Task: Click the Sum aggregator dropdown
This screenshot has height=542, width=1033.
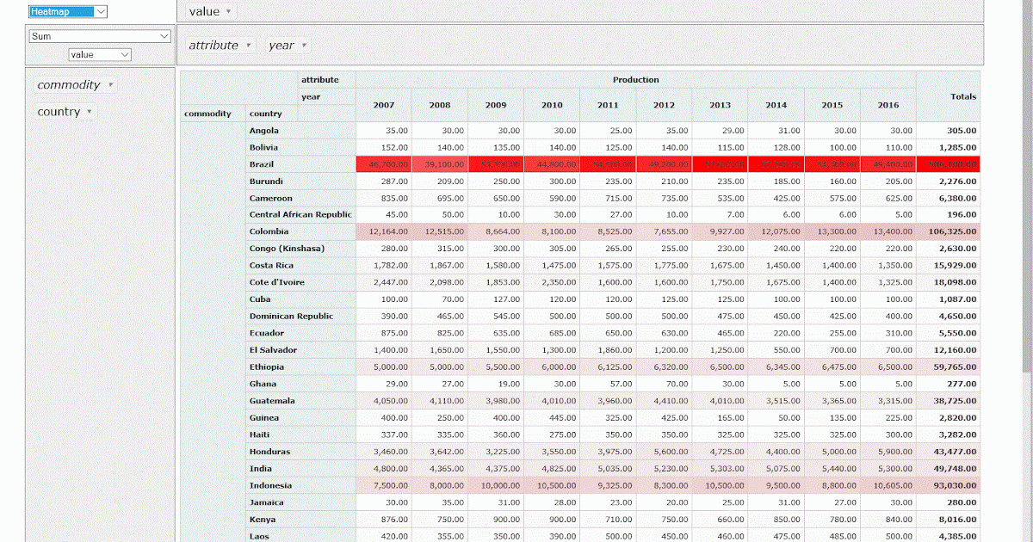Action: pyautogui.click(x=100, y=36)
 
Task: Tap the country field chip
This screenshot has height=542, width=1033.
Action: pyautogui.click(x=65, y=112)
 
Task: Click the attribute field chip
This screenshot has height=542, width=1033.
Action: pyautogui.click(x=220, y=46)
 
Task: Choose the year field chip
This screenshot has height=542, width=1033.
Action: pyautogui.click(x=288, y=46)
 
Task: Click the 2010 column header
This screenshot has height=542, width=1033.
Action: pyautogui.click(x=552, y=105)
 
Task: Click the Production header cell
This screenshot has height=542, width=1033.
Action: pyautogui.click(x=635, y=80)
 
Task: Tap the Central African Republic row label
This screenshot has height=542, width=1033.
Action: pyautogui.click(x=300, y=214)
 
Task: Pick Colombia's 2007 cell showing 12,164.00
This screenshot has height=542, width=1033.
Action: pyautogui.click(x=383, y=231)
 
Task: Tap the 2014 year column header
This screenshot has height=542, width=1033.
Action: pyautogui.click(x=776, y=105)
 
